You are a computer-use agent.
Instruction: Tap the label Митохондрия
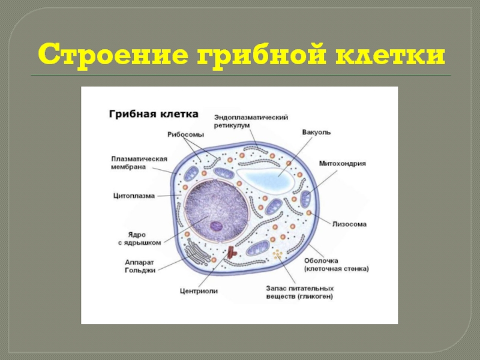342,163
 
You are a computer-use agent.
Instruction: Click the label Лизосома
350,224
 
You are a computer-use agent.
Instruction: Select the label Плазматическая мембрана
139,163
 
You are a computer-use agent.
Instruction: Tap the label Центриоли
199,291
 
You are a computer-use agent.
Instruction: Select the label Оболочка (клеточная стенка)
337,265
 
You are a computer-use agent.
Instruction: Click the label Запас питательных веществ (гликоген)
300,292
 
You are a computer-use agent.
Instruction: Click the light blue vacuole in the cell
266,178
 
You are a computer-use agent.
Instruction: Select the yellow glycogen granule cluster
278,254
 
